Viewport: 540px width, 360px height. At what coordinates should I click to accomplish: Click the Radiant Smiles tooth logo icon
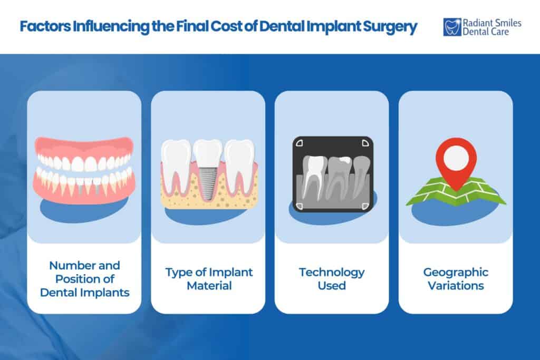click(452, 27)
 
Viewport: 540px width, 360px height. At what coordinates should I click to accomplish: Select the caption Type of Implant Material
click(208, 279)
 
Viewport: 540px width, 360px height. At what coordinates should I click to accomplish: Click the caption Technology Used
click(332, 279)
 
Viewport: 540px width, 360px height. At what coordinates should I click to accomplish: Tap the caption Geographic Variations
click(456, 279)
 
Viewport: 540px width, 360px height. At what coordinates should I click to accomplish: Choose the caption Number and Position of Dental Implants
click(84, 279)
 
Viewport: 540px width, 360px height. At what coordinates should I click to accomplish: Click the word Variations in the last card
click(456, 286)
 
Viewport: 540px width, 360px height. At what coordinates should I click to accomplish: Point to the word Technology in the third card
click(332, 273)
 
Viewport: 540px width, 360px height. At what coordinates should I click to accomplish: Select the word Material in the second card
click(208, 286)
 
